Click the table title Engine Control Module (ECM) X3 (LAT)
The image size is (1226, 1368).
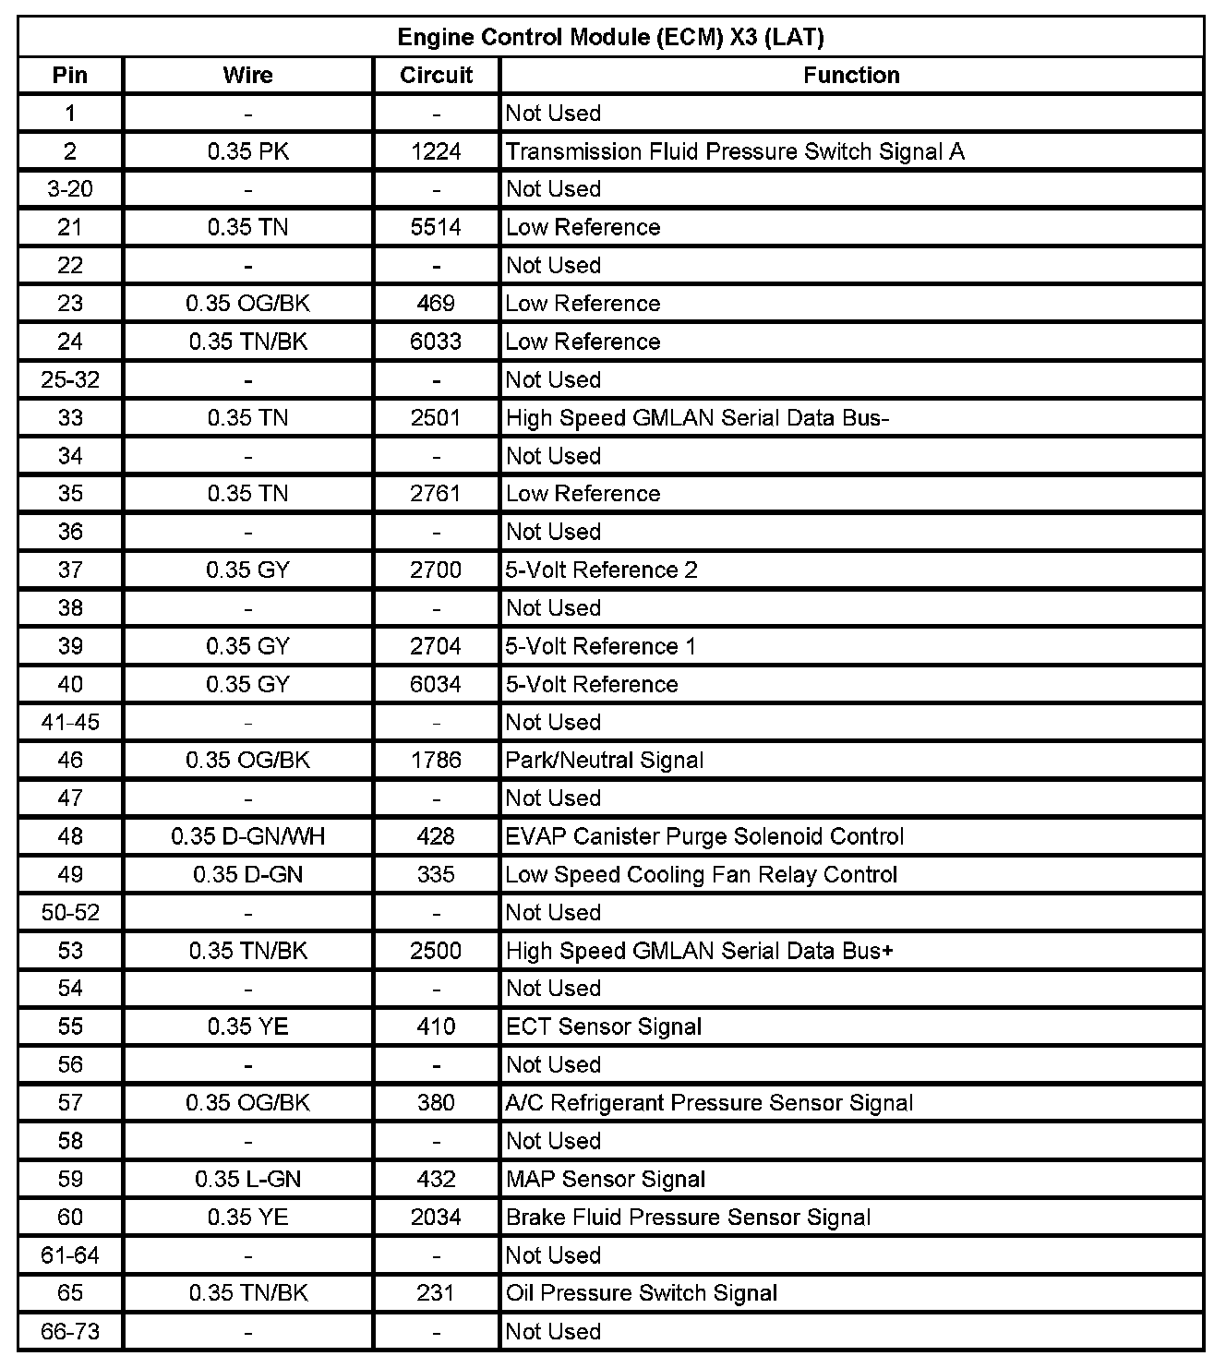click(610, 37)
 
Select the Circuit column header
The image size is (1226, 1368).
click(436, 76)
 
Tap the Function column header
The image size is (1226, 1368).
click(850, 76)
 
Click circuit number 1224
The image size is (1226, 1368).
click(436, 151)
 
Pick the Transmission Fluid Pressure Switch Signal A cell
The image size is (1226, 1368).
click(735, 151)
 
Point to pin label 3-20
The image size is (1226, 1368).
click(70, 189)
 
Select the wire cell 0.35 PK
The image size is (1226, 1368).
click(247, 151)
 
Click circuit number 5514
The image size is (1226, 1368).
click(436, 227)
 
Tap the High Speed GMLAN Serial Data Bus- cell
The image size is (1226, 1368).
click(697, 418)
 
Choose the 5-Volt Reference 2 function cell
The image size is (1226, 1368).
click(601, 570)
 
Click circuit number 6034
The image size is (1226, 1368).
click(436, 684)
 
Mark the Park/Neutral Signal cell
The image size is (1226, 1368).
click(605, 761)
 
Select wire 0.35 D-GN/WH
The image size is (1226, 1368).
click(247, 836)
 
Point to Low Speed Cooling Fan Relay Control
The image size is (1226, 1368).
click(702, 874)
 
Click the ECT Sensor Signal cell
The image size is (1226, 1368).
click(604, 1026)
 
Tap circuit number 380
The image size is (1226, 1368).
click(436, 1103)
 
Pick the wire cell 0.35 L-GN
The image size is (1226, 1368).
click(247, 1179)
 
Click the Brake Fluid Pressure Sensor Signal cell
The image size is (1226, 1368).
click(688, 1218)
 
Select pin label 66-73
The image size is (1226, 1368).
click(70, 1331)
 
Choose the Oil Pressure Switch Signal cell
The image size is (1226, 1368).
click(642, 1293)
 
